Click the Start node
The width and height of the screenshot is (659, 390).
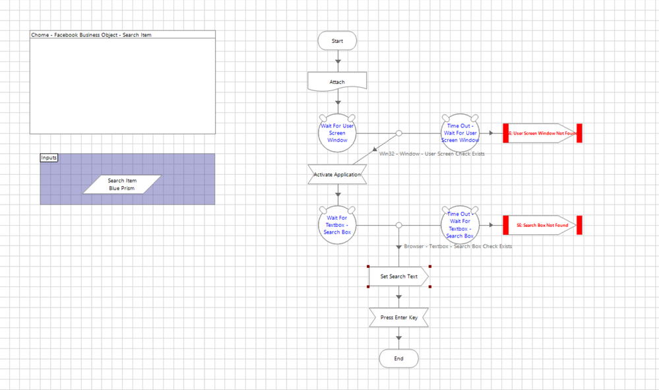[337, 41]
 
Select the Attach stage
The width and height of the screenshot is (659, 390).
[337, 82]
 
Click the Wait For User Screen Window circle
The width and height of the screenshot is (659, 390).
[337, 133]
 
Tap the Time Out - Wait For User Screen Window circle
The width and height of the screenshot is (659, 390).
[460, 133]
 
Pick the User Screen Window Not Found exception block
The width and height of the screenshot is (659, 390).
[542, 133]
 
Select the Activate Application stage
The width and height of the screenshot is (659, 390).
[337, 175]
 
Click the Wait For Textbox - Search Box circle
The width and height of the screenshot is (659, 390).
[337, 225]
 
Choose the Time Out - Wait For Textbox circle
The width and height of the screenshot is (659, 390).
[460, 225]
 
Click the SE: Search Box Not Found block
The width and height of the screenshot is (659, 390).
[542, 225]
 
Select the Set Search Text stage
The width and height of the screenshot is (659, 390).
[398, 276]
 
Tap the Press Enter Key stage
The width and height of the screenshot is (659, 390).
[398, 317]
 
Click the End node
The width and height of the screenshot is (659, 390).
[398, 358]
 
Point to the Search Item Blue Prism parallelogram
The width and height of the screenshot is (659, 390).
[121, 184]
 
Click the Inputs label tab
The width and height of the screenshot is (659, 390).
[49, 158]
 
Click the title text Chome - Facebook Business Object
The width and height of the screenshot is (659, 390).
[91, 34]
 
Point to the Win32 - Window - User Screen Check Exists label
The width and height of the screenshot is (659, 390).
[431, 154]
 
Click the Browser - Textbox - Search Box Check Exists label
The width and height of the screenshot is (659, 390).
[458, 246]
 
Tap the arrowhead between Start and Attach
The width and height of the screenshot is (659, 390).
[338, 62]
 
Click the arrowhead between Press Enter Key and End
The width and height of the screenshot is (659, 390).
[398, 339]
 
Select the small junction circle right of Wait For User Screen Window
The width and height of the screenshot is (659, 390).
[398, 133]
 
